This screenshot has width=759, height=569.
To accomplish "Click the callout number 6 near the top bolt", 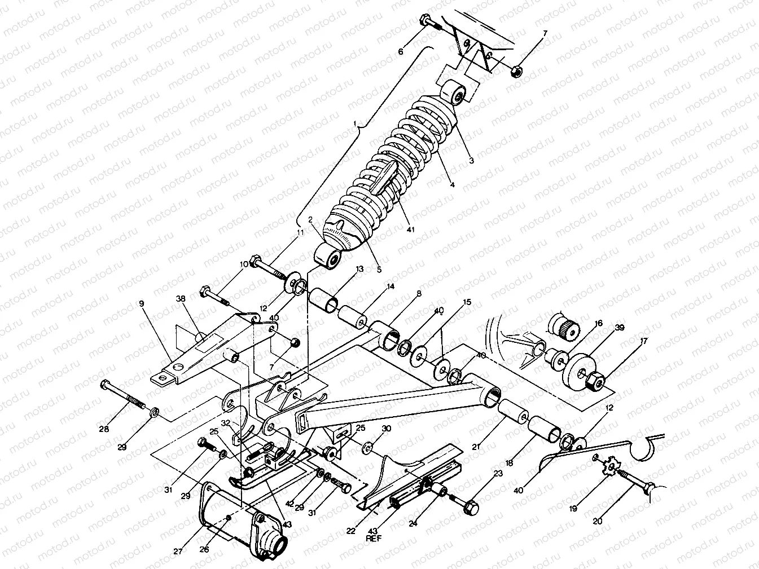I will point(400,51).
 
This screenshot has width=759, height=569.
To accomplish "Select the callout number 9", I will point(142,303).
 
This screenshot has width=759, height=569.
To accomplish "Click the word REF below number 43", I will point(374,539).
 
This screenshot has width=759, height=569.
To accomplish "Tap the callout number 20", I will point(598,522).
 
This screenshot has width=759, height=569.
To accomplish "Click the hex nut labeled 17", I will point(594,382).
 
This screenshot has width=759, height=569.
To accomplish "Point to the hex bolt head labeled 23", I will point(470,507).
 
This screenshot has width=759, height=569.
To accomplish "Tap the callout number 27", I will point(178,552).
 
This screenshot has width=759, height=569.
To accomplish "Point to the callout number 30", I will point(386,429).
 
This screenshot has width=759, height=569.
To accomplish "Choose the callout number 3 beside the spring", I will point(471,160).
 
